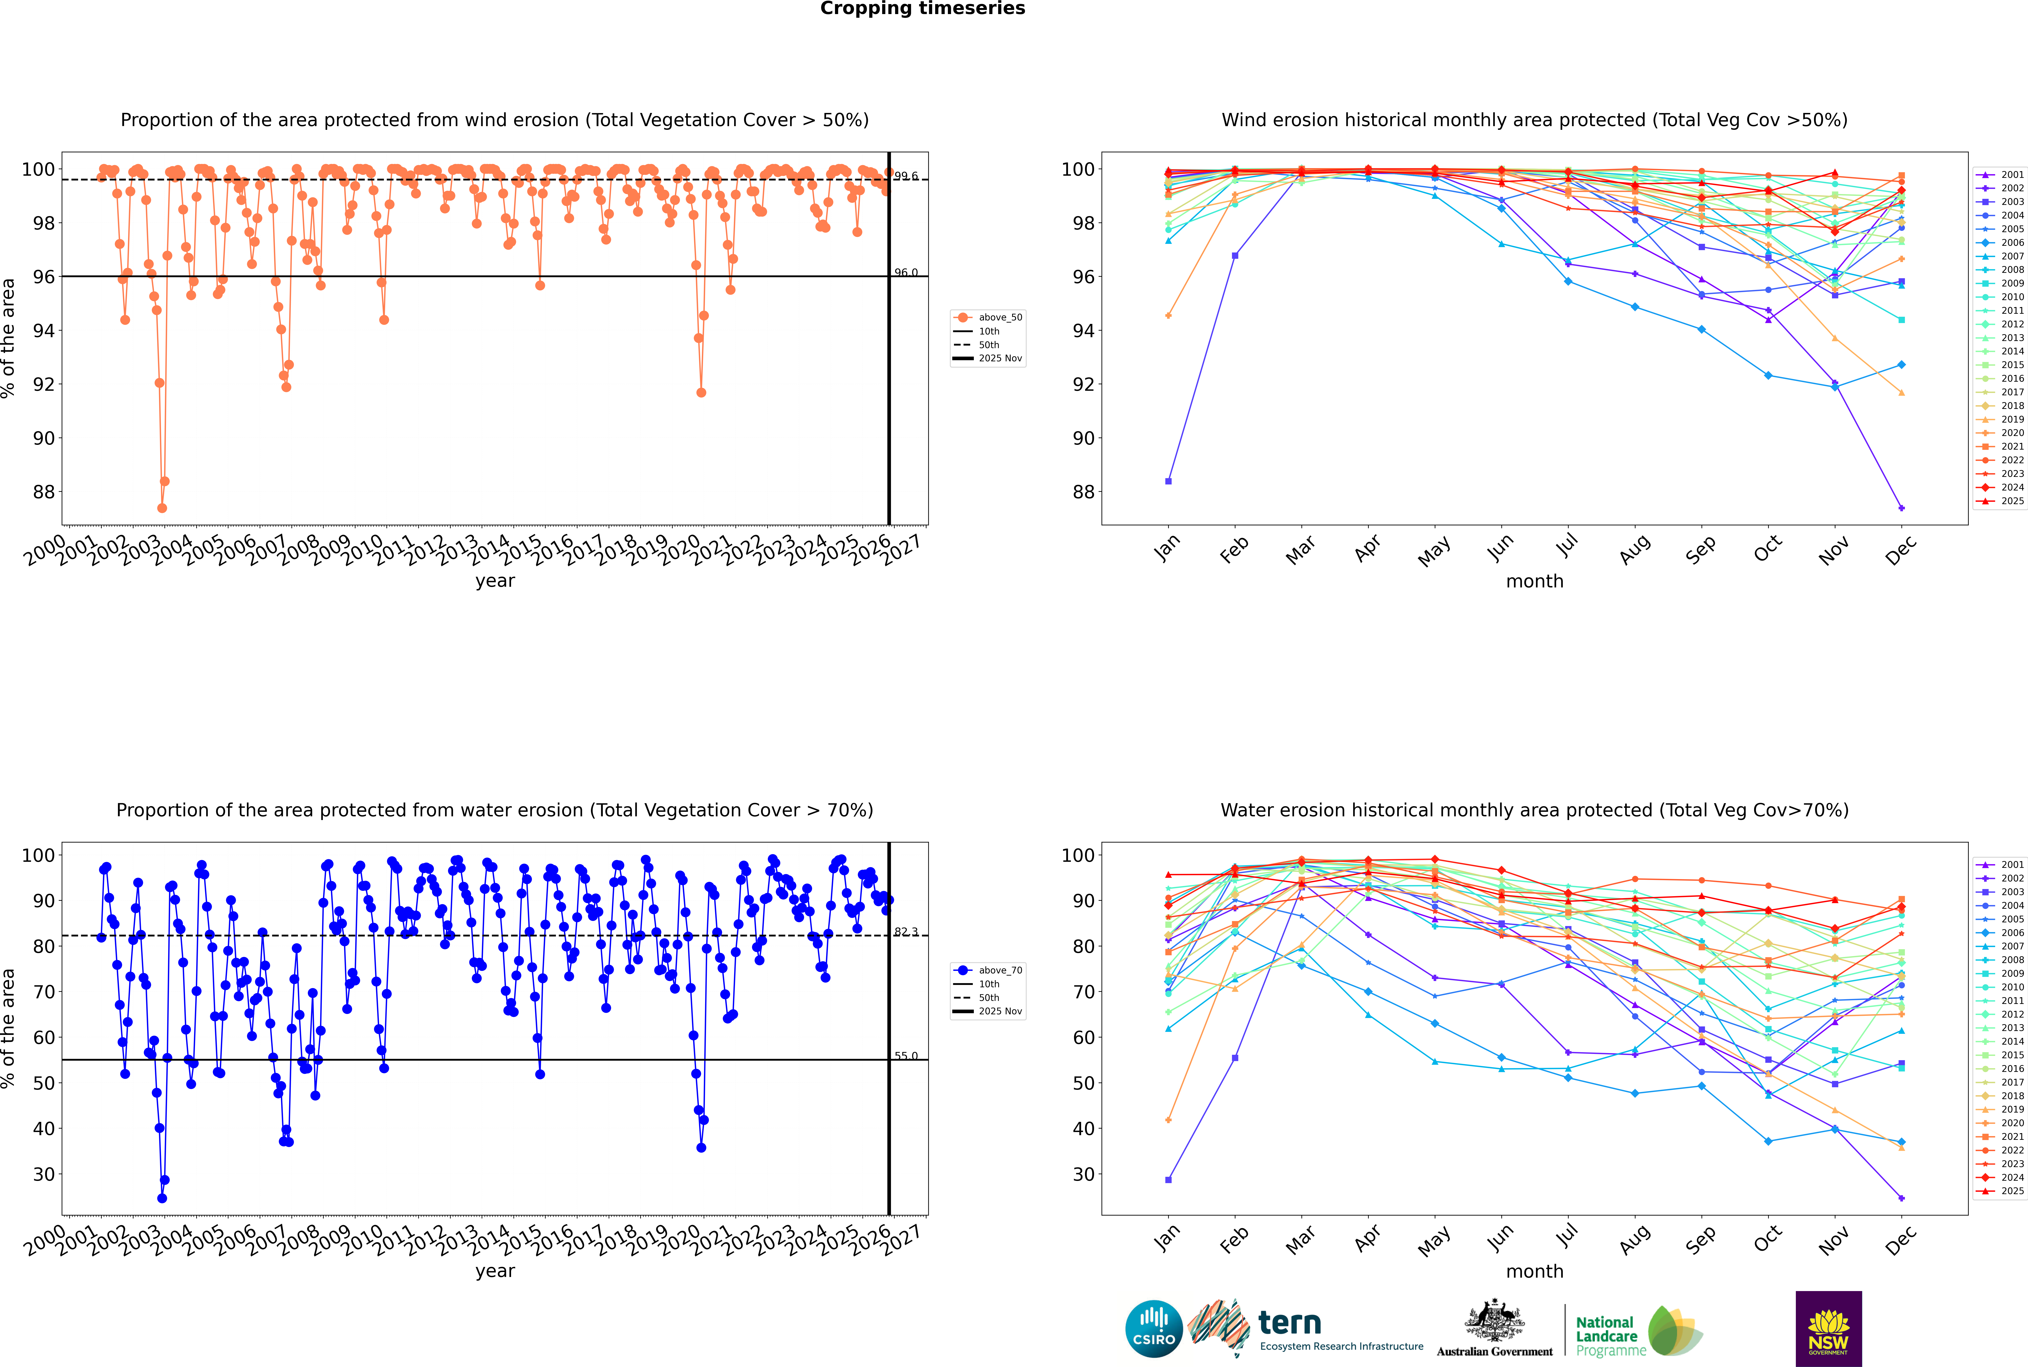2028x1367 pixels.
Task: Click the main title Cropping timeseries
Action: (922, 9)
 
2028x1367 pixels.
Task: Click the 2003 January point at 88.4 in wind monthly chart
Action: (1168, 481)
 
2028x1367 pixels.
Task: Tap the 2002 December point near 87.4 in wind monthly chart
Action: (1902, 508)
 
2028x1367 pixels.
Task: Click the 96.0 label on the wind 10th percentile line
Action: (906, 273)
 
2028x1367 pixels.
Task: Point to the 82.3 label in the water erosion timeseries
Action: (906, 932)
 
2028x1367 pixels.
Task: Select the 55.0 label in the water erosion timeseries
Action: (906, 1056)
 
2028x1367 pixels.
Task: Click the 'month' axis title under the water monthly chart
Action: (1534, 1271)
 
